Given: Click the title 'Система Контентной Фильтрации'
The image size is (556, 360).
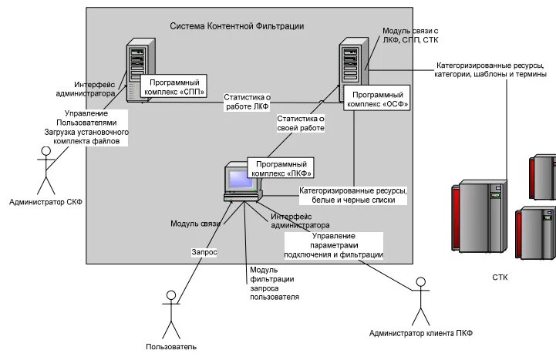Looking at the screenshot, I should [x=237, y=26].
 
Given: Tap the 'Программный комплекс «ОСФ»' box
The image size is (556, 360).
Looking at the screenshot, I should [x=376, y=98].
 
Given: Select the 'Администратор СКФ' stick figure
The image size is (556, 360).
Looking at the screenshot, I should [x=46, y=168].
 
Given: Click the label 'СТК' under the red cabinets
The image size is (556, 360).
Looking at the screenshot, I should [x=500, y=277].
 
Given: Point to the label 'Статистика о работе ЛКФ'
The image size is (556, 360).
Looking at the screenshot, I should [x=248, y=103].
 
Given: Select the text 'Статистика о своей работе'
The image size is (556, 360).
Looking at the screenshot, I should [x=300, y=123].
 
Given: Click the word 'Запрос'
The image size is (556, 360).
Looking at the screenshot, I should [x=204, y=252].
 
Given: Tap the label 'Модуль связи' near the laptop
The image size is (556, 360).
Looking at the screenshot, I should [x=195, y=224].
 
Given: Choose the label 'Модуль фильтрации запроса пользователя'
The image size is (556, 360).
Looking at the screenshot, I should [x=274, y=282].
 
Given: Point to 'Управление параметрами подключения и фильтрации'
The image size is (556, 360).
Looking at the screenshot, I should [x=333, y=244].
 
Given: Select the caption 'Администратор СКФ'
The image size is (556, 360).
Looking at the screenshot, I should [x=45, y=202].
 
